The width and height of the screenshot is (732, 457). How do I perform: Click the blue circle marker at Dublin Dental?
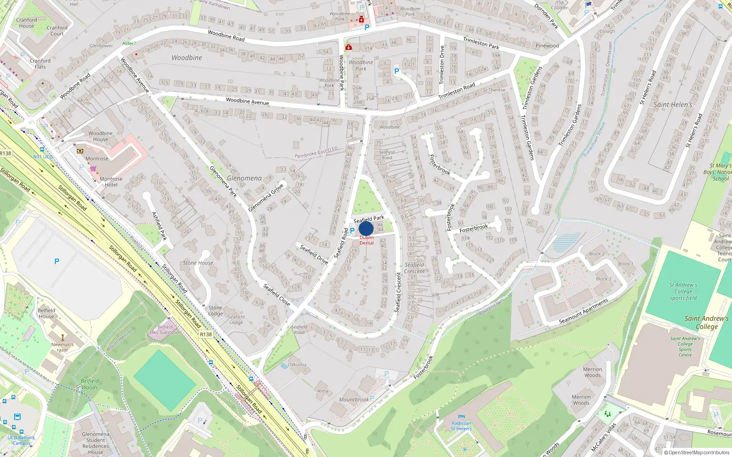point(366,228)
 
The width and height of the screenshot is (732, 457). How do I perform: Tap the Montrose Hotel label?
point(111,182)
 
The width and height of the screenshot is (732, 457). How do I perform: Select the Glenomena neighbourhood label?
point(244,178)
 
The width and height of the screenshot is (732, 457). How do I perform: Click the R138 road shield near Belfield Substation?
point(206,335)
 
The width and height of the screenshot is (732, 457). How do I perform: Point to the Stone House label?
point(198,263)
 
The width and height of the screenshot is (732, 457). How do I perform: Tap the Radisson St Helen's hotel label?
point(461,426)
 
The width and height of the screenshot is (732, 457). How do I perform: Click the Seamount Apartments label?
point(584,311)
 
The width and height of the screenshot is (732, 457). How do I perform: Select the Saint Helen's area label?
point(673,105)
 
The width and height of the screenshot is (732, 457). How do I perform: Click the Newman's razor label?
point(62,347)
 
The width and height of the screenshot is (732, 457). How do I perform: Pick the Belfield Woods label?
point(90,384)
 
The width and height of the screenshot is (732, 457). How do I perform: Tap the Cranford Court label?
point(57,31)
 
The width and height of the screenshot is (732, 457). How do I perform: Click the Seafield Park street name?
point(369,219)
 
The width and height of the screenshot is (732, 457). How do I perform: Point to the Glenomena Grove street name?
point(266,198)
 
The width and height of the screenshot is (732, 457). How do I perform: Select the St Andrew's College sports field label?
point(683,292)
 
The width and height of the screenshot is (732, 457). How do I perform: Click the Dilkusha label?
point(297,365)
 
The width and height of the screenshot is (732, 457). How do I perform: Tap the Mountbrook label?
point(353,399)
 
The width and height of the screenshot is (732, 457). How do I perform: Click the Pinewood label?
point(547,46)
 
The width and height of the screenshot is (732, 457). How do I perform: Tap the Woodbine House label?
point(100,136)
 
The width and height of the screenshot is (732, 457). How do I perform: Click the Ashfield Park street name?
point(159,226)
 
